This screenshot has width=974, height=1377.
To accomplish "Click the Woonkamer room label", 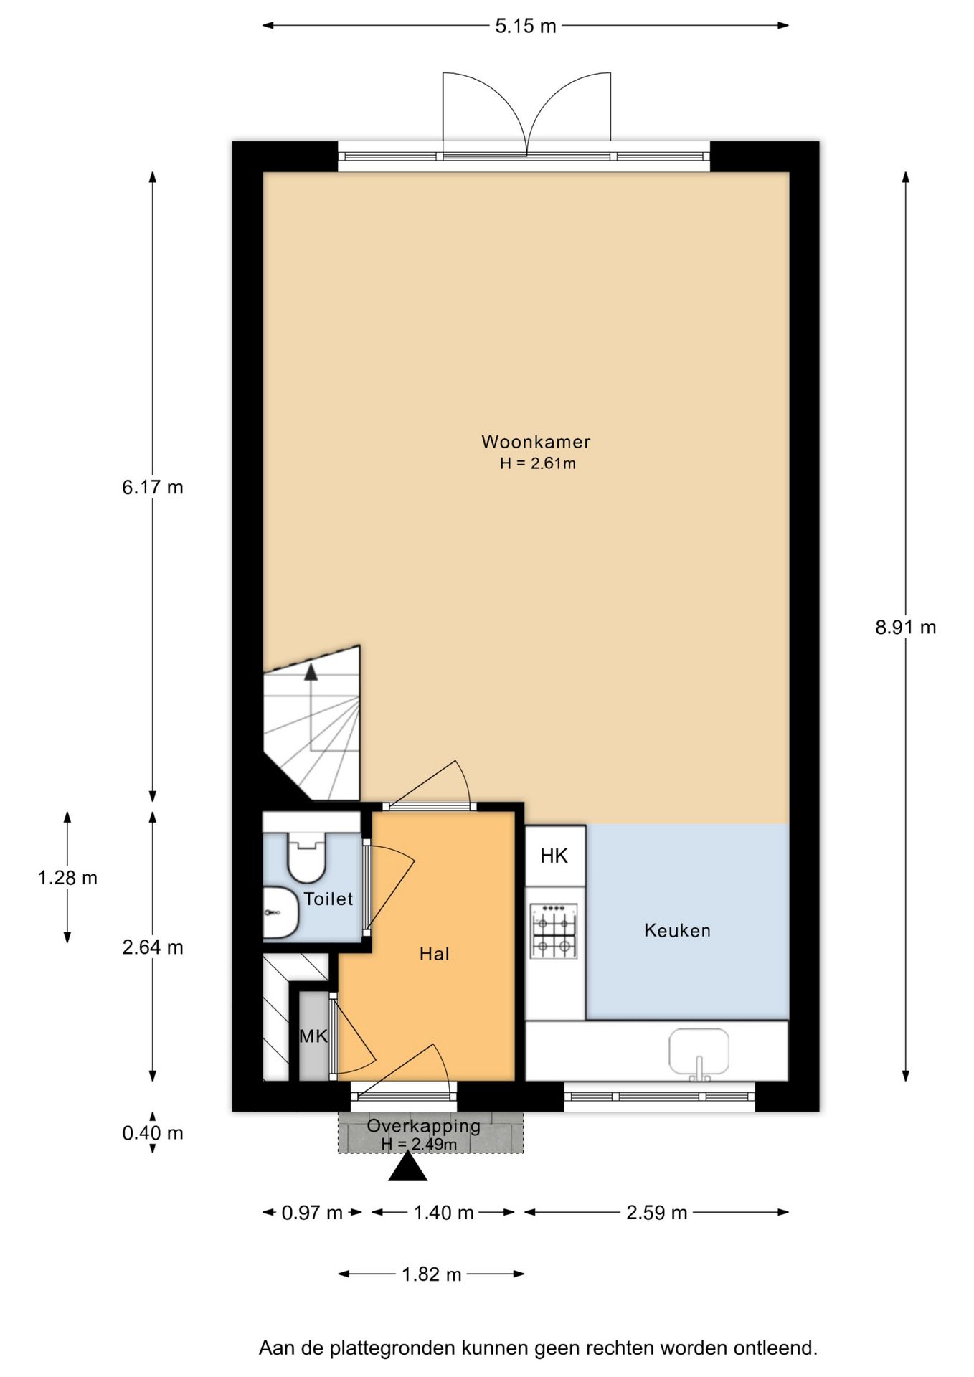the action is [x=536, y=442].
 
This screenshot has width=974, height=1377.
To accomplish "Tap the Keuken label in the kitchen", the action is [x=677, y=931].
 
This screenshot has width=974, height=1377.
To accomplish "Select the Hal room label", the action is [x=435, y=954].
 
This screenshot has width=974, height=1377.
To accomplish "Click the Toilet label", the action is [x=328, y=899].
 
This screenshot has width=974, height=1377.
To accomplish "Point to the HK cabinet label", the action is [x=554, y=856].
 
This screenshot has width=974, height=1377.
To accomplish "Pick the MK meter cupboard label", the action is [x=313, y=1036].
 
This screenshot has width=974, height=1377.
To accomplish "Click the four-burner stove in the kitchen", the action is [x=554, y=931].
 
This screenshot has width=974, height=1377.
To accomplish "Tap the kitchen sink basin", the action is [x=699, y=1052].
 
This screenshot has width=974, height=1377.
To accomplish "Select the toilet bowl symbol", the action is [x=306, y=857].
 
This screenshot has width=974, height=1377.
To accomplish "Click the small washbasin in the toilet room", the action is [x=280, y=912].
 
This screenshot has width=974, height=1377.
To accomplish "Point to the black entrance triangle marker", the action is [x=408, y=1166].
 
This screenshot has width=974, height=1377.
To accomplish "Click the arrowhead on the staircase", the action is [x=311, y=671].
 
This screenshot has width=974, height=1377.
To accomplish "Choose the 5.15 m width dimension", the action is [x=526, y=26].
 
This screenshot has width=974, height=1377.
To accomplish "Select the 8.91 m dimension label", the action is [x=906, y=628].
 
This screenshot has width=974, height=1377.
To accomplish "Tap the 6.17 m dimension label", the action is [x=153, y=488].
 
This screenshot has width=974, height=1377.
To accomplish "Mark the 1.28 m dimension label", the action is [x=67, y=878].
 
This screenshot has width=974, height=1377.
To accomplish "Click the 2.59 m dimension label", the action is [x=657, y=1213].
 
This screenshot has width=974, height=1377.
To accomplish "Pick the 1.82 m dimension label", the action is [x=432, y=1274].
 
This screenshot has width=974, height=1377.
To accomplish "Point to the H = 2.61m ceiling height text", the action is [x=538, y=463].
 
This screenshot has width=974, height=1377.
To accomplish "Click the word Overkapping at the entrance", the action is [x=423, y=1125].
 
